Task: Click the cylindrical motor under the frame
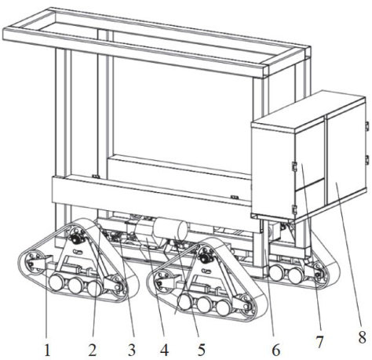(x=170, y=229)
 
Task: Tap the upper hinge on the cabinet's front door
(x=294, y=166)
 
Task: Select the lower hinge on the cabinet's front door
(x=294, y=210)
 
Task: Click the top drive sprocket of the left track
(x=76, y=238)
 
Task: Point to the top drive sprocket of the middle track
(x=203, y=258)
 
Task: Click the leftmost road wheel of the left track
(x=57, y=283)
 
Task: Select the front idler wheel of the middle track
(x=162, y=282)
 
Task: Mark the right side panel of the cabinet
(x=345, y=155)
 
